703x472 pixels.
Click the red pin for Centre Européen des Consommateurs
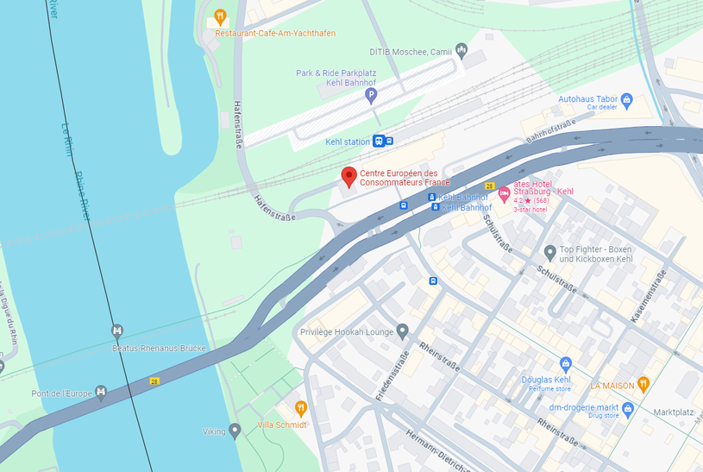348,177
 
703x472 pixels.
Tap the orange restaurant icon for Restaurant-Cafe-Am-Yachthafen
220,16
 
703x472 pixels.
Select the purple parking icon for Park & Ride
372,95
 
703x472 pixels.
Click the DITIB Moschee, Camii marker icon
461,51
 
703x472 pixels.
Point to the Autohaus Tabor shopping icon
627,101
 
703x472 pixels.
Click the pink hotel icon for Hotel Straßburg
504,191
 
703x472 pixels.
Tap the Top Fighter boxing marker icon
549,253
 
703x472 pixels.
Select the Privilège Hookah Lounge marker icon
402,331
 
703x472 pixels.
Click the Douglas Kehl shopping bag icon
566,363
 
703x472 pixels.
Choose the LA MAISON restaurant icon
643,385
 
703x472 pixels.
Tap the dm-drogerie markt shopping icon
628,408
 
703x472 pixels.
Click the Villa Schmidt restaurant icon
301,407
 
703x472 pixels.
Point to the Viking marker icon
235,430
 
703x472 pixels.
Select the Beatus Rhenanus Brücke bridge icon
116,330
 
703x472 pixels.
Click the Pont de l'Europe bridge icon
101,393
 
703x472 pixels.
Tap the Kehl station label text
348,142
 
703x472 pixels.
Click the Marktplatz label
674,412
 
